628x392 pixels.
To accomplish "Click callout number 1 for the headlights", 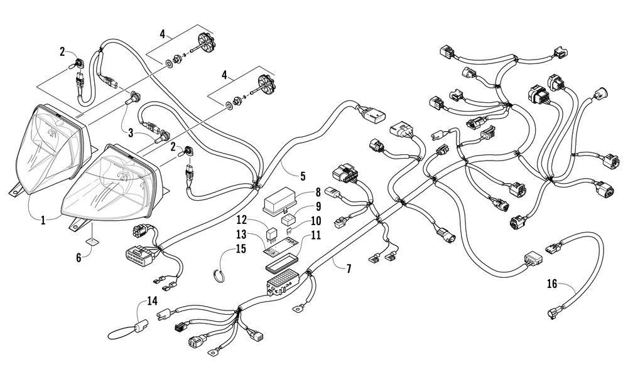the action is tap(43, 220).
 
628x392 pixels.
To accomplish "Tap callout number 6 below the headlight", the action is tap(79, 258).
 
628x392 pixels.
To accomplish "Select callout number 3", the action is tap(131, 133).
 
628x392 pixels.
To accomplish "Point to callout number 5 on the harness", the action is tap(303, 176).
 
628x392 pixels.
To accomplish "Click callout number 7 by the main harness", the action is tap(349, 269).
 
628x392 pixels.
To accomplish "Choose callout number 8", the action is tap(318, 193).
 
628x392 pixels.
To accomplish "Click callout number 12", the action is tap(252, 220).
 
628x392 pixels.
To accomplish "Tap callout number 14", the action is tap(152, 301).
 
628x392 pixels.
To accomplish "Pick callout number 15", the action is tap(241, 248).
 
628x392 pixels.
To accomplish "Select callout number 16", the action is tap(552, 283).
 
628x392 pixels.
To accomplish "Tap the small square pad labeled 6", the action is tap(92, 242).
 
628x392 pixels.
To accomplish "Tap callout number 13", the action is tap(252, 235).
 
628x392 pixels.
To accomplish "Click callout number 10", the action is tap(316, 221).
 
